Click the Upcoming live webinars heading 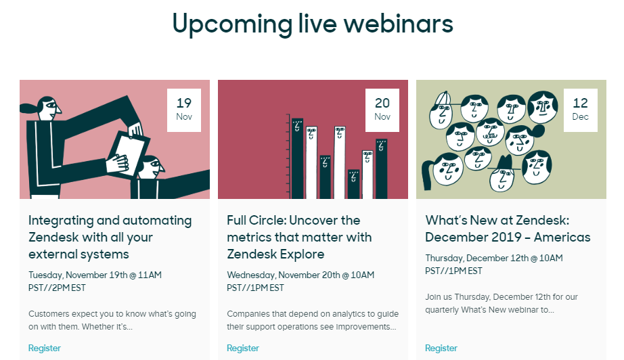(313, 24)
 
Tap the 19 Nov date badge (184, 110)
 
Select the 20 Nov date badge (382, 110)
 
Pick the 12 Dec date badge (580, 110)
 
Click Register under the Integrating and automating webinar (45, 348)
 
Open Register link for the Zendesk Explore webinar (243, 348)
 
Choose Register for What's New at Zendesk (441, 348)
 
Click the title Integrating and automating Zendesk (110, 237)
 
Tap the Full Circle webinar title (299, 237)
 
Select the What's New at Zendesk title (508, 229)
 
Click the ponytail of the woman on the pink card (28, 108)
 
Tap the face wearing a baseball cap (441, 110)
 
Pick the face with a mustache (490, 132)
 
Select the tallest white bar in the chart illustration (340, 162)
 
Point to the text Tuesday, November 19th (78, 275)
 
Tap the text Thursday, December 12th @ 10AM (494, 258)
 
